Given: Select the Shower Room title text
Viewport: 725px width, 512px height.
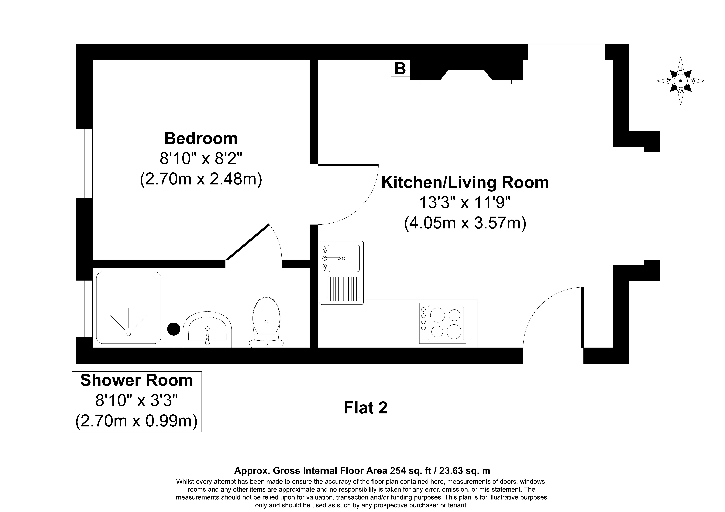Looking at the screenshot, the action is point(136,380).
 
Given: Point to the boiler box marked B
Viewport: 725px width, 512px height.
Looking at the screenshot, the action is point(400,69).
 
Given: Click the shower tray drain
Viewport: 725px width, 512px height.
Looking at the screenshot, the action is point(129,333).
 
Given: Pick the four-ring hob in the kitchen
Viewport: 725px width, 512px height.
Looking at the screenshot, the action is point(442,323).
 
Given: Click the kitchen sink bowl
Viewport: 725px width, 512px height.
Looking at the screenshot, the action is point(344,258).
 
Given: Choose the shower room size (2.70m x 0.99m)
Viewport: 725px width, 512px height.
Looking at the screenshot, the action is point(136,421).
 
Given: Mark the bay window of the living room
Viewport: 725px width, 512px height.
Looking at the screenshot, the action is point(652,206).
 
